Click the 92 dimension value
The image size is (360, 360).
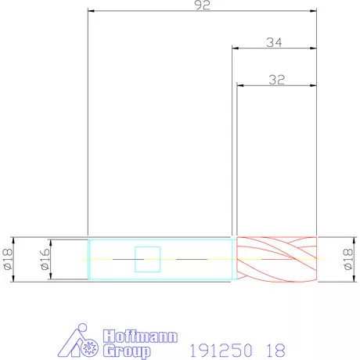pyautogui.click(x=202, y=5)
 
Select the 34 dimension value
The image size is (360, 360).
pyautogui.click(x=274, y=42)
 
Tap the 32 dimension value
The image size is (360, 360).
pyautogui.click(x=276, y=80)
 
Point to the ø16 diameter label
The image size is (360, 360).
pyautogui.click(x=45, y=259)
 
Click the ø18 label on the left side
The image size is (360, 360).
pyautogui.click(x=8, y=259)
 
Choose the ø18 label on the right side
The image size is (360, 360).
pyautogui.click(x=348, y=259)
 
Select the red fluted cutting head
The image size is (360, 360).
pyautogui.click(x=276, y=259)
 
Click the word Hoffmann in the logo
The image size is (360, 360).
pyautogui.click(x=140, y=337)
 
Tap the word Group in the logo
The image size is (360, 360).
pyautogui.click(x=127, y=351)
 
